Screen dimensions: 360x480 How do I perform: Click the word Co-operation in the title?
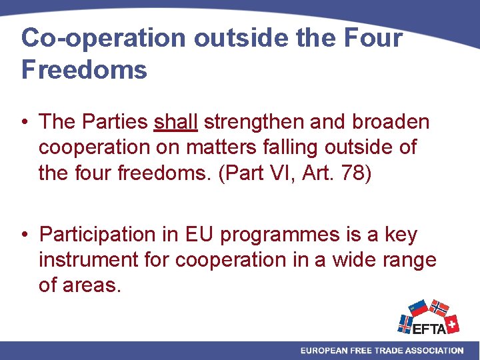click(104, 38)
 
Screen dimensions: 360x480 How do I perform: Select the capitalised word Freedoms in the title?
click(84, 69)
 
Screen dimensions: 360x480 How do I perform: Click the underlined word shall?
click(176, 122)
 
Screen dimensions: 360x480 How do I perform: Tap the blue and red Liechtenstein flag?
click(418, 307)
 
